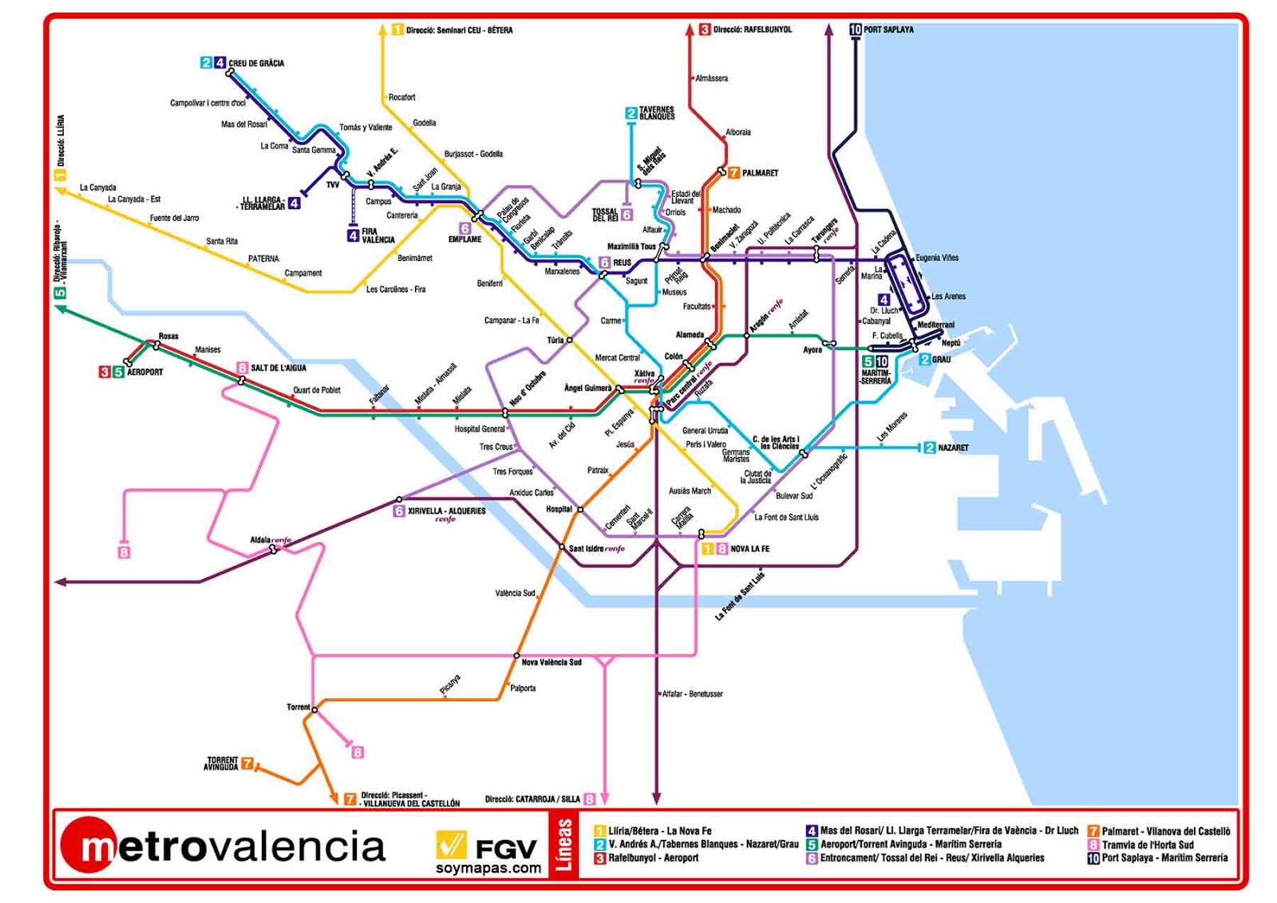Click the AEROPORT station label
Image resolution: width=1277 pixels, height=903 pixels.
coord(144,372)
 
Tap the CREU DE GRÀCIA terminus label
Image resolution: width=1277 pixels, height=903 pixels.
coord(256,63)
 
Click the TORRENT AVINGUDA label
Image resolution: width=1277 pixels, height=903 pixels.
coord(222,763)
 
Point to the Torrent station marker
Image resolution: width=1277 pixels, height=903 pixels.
coord(314,709)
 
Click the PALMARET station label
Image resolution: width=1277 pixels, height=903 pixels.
coord(759,173)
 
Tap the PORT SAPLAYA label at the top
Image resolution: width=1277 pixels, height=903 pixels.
coord(888,30)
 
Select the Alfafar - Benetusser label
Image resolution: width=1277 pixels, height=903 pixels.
coord(692,694)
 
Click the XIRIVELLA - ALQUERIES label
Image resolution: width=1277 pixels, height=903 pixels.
coord(446,511)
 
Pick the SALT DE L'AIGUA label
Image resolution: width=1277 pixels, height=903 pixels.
coord(278,368)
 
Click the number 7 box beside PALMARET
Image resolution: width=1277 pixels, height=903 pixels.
coord(733,173)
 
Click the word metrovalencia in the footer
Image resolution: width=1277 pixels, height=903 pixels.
coord(231,846)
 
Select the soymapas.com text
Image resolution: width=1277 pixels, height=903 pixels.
coord(488,869)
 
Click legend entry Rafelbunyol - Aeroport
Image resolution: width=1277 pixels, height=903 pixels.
coord(653,858)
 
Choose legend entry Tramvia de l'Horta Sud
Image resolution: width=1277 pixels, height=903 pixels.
coord(1147,845)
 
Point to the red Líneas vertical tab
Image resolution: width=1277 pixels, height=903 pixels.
coord(563,844)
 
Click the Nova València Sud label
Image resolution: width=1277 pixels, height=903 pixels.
coord(552,662)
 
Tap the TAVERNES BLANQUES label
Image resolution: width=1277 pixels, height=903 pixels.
coord(656,113)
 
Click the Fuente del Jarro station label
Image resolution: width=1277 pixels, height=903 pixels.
coord(174,218)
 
